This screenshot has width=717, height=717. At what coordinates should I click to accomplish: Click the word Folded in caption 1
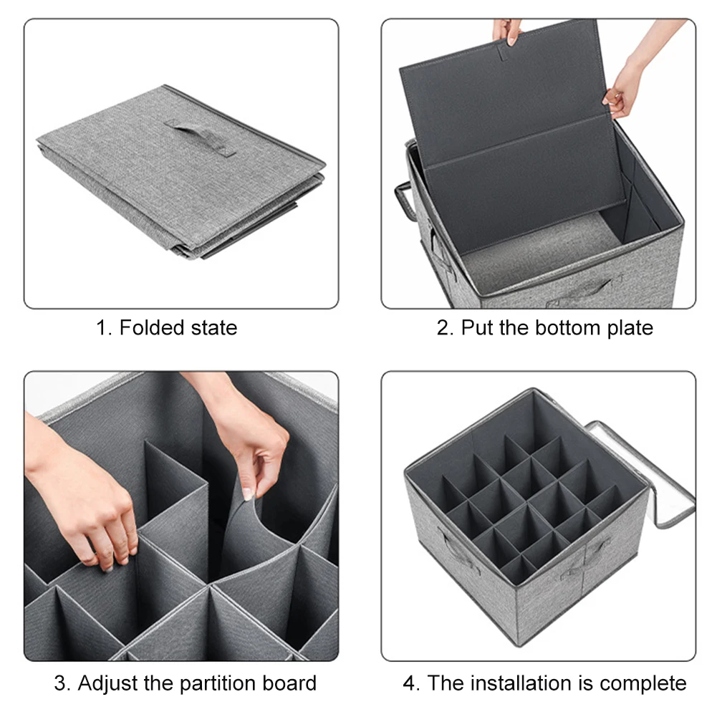151,327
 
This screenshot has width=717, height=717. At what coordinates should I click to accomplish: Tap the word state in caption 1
214,328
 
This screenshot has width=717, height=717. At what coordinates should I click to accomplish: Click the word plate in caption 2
630,329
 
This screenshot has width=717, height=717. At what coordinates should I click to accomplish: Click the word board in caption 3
283,683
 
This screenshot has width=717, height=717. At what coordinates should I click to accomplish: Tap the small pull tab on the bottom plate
505,52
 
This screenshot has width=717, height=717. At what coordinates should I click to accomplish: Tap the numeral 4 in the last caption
409,683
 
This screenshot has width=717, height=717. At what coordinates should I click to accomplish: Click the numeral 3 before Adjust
60,683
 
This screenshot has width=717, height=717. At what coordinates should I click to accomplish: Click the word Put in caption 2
478,328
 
